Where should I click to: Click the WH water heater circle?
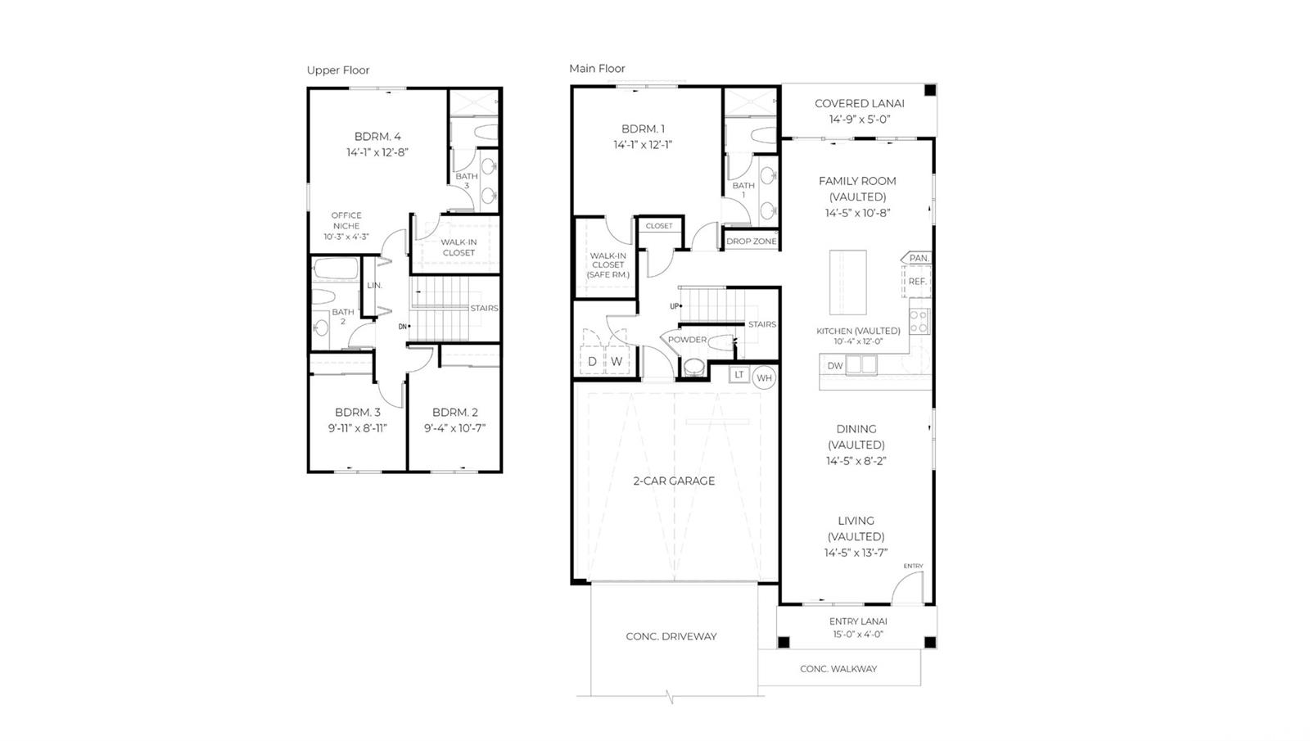764,377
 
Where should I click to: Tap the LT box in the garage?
739,375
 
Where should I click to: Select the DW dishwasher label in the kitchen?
835,365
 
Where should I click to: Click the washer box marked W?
617,361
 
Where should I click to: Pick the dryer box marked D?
592,361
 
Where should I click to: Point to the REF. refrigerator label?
918,282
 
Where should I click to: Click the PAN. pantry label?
919,258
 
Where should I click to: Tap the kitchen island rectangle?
848,282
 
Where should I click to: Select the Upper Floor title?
338,70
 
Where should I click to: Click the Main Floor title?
597,69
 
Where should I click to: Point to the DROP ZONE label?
752,241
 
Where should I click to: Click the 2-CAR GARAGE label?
674,481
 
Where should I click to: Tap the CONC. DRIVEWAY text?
671,636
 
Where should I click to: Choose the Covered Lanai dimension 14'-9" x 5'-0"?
859,120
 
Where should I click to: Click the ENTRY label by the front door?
913,566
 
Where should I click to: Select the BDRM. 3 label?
357,413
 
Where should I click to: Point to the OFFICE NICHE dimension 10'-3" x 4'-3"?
346,237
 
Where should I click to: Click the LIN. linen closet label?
374,286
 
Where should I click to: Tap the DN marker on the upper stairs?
402,327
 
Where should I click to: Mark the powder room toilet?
694,368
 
